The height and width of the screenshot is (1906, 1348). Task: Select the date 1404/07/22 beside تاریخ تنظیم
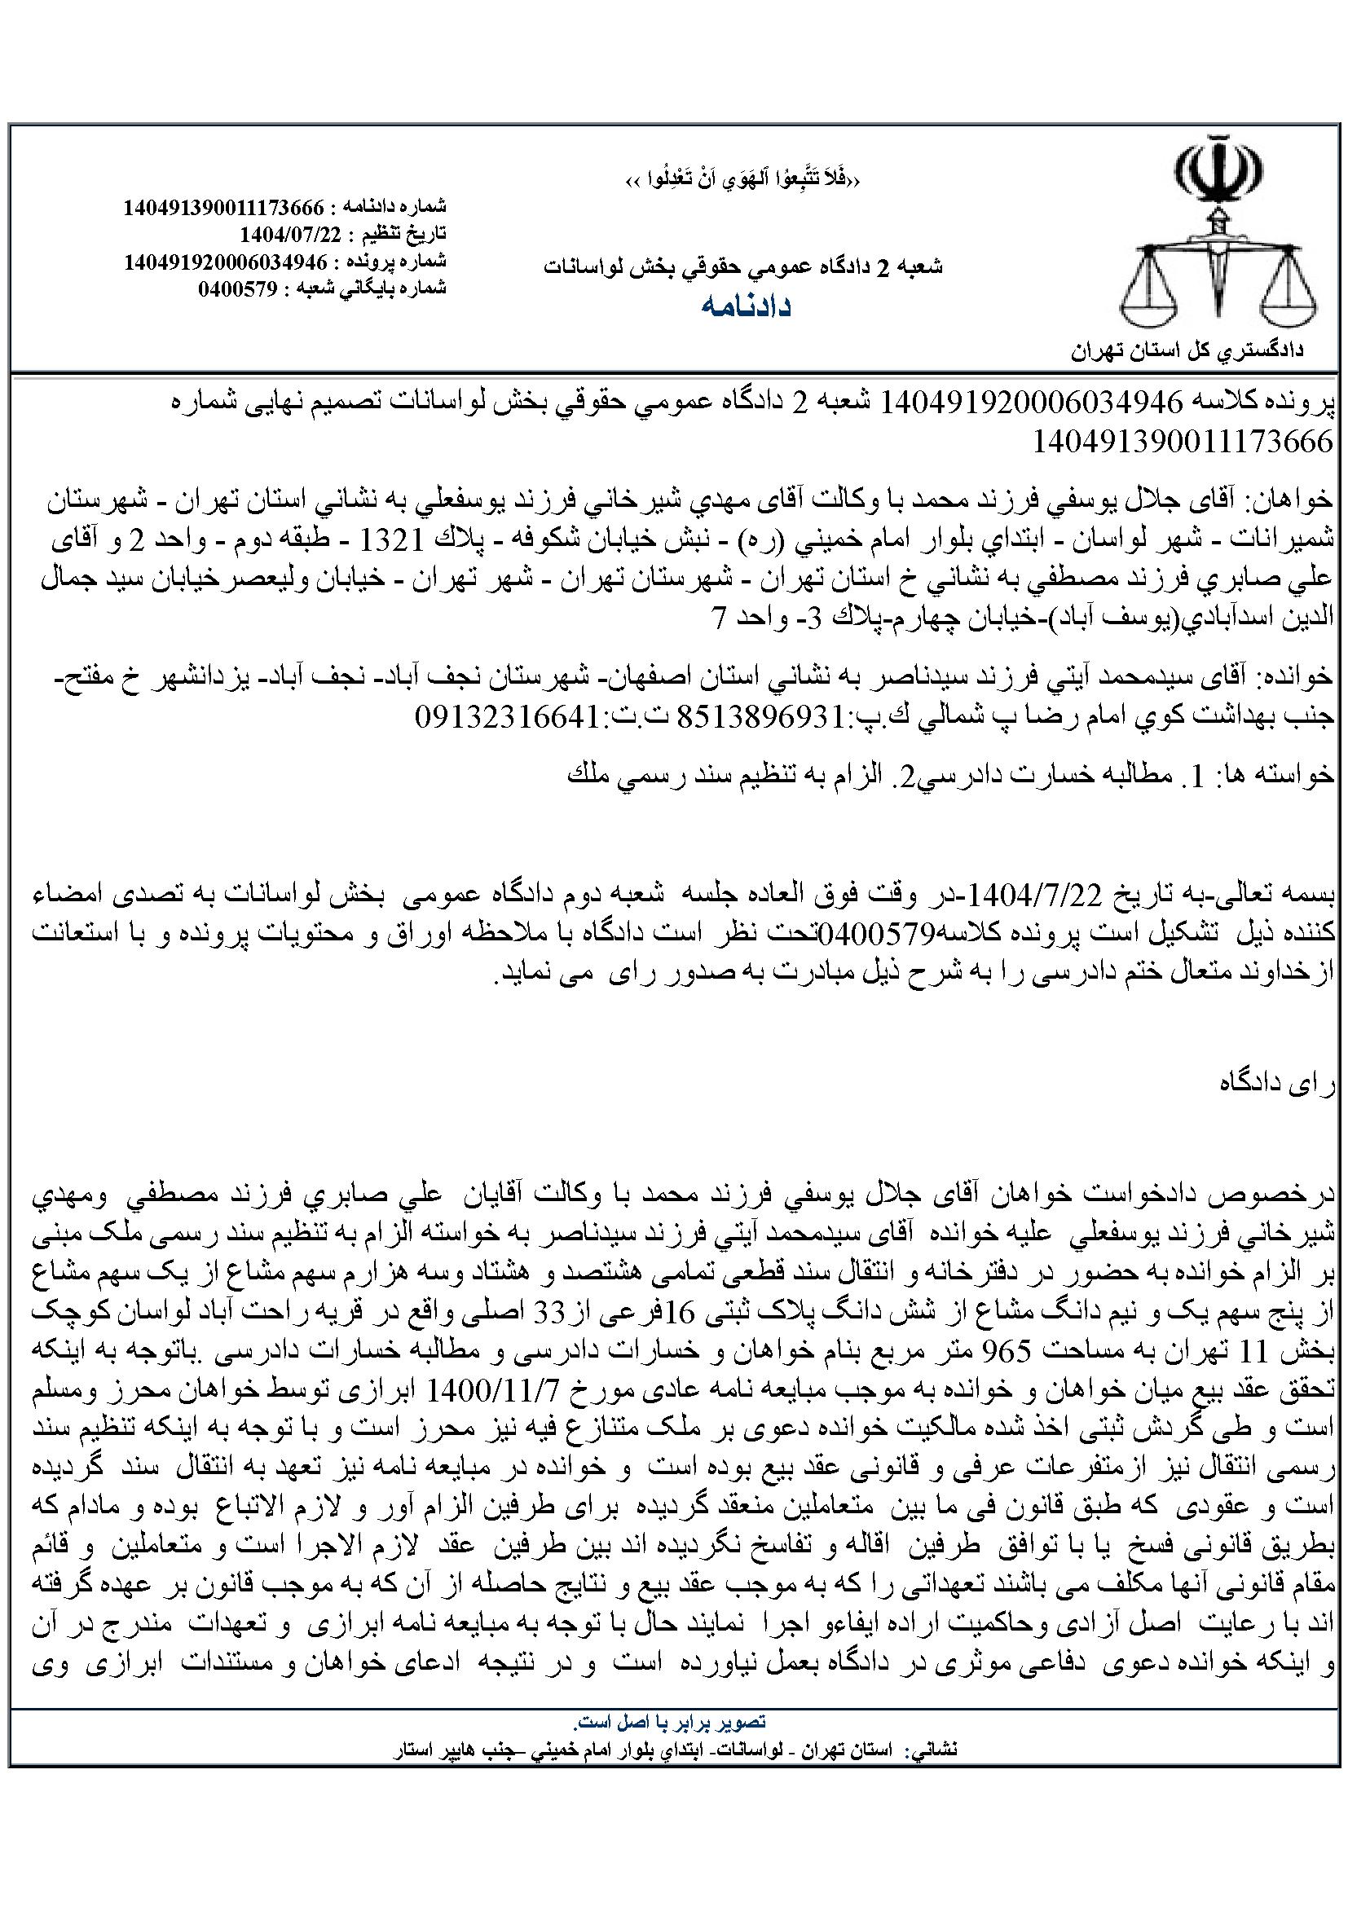(x=290, y=233)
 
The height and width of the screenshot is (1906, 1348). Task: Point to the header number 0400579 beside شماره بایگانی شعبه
(x=240, y=288)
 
